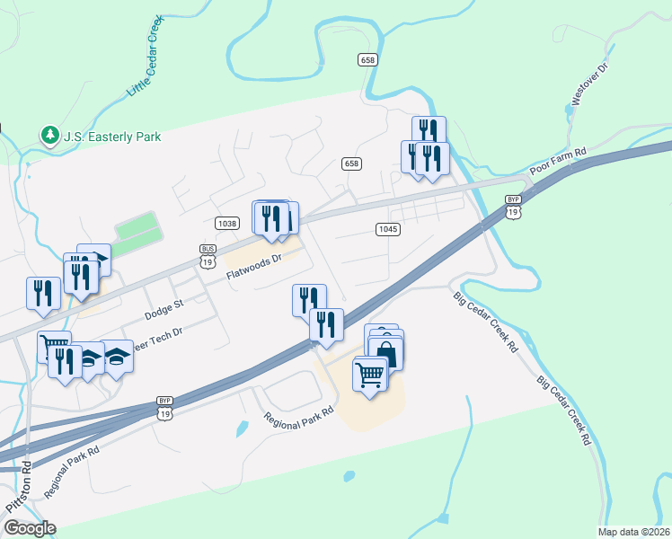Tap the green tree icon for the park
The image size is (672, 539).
[49, 136]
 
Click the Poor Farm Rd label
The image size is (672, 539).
[558, 162]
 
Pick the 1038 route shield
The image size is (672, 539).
[226, 223]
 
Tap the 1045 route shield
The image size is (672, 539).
[387, 229]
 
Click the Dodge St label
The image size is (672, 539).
[164, 310]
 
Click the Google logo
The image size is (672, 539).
[30, 527]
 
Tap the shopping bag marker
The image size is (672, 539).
[385, 351]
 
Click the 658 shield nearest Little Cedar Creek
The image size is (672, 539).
[367, 59]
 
